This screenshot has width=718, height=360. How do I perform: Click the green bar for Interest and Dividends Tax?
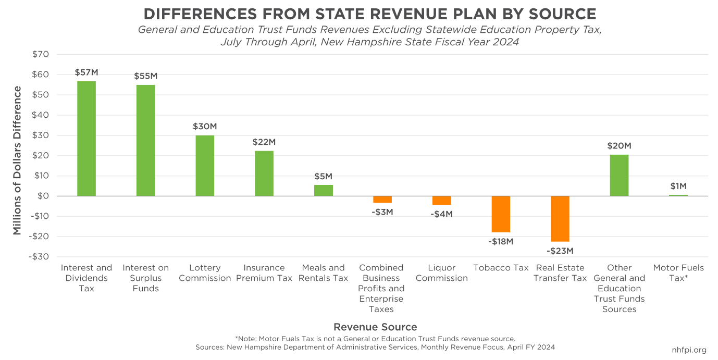(86, 139)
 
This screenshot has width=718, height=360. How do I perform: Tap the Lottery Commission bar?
(205, 166)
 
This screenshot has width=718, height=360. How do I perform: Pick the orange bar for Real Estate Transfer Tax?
(560, 219)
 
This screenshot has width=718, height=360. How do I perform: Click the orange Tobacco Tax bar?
(501, 214)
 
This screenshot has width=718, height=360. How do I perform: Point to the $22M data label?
(264, 142)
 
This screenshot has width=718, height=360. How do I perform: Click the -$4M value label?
(442, 214)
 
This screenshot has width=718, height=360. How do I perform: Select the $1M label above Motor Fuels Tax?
(678, 187)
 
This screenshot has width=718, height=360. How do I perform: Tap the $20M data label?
(619, 146)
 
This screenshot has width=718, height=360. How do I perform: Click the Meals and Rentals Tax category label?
(323, 273)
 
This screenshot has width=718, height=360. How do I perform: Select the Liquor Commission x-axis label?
(442, 273)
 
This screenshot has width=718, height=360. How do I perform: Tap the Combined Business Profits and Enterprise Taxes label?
(381, 289)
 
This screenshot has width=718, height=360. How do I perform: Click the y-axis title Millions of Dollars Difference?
(17, 160)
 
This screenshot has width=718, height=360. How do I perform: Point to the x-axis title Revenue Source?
(375, 327)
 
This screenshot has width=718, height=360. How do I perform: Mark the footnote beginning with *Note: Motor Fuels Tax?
(375, 339)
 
